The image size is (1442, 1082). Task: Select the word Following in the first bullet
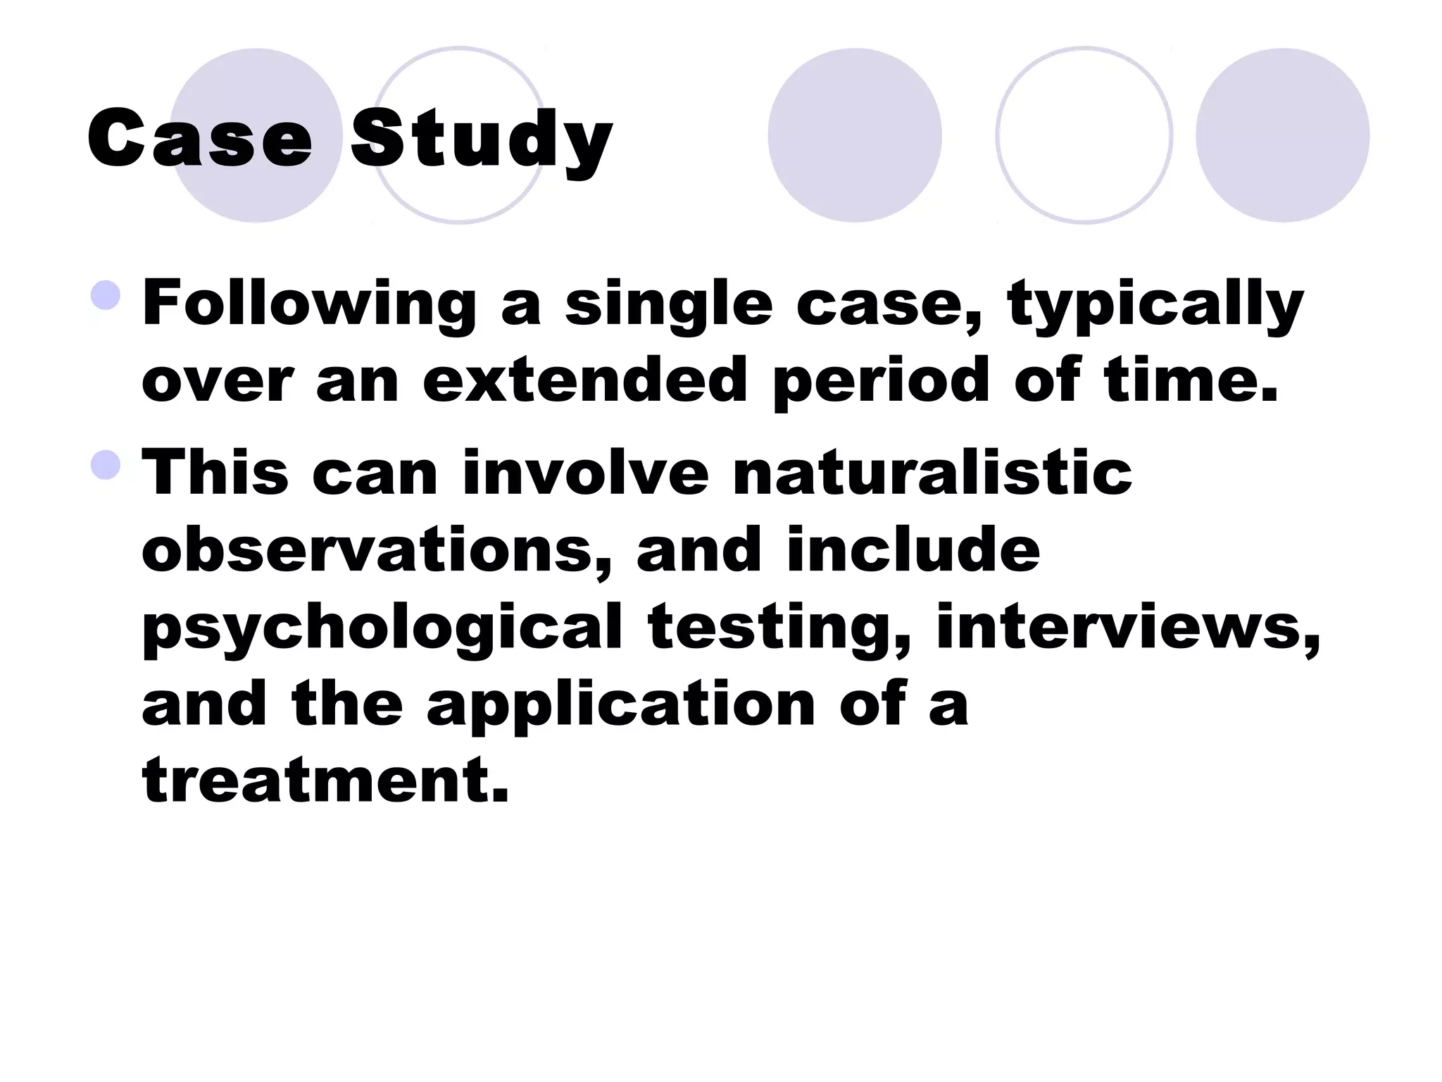pyautogui.click(x=309, y=304)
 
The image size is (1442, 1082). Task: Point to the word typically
pyautogui.click(x=1155, y=304)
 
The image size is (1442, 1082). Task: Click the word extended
pyautogui.click(x=584, y=380)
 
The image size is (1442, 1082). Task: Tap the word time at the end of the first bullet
pyautogui.click(x=1191, y=380)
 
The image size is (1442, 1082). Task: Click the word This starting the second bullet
pyautogui.click(x=215, y=472)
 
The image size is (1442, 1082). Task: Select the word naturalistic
pyautogui.click(x=932, y=472)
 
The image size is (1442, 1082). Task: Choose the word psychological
pyautogui.click(x=382, y=627)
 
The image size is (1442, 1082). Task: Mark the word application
pyautogui.click(x=620, y=704)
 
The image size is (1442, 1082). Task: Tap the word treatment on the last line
pyautogui.click(x=325, y=781)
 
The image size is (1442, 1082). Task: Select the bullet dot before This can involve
pyautogui.click(x=106, y=465)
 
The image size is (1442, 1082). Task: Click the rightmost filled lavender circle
pyautogui.click(x=1282, y=135)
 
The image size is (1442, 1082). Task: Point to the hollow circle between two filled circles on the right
pyautogui.click(x=1084, y=135)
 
